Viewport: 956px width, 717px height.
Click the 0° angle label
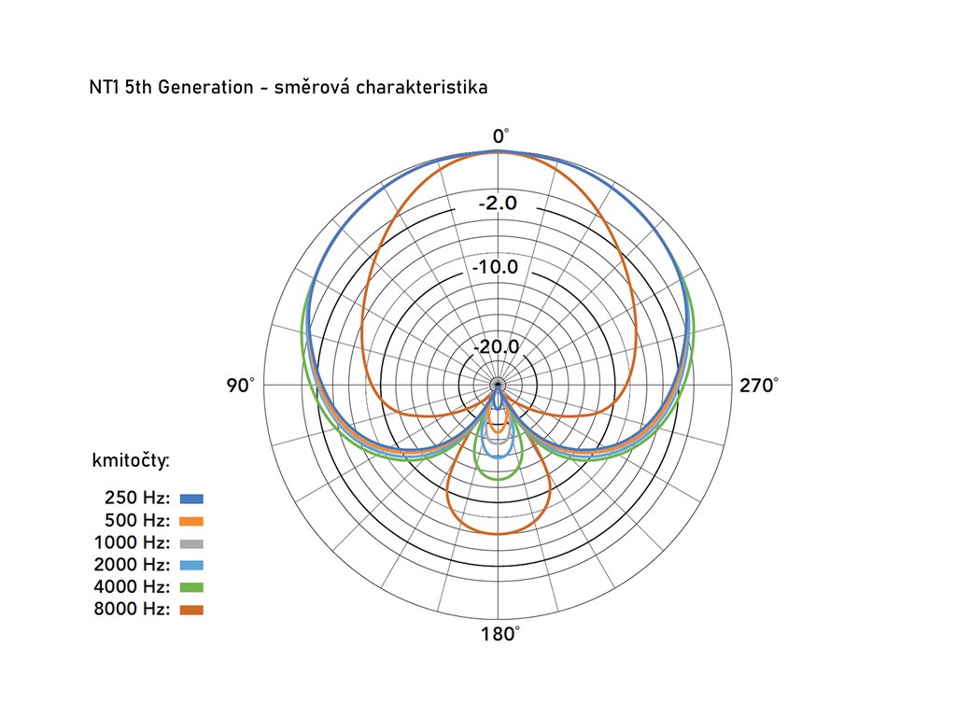[500, 136]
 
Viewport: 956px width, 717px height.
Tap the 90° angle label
[240, 385]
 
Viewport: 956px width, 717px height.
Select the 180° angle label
[499, 635]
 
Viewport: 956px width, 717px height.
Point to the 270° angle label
[758, 385]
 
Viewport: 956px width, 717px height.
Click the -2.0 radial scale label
[498, 204]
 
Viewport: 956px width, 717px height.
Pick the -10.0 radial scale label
[495, 268]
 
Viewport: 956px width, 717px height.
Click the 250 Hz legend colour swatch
[191, 499]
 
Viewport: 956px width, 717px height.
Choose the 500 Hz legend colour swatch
[191, 521]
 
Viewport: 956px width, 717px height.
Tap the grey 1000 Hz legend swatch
[191, 543]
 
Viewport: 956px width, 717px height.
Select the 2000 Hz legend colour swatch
[191, 565]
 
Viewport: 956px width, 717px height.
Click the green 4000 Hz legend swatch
[191, 587]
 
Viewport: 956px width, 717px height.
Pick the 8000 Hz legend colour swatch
[191, 610]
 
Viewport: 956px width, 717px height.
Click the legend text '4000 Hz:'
[132, 587]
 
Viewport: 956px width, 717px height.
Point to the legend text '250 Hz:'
[137, 499]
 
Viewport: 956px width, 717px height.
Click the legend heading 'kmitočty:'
[130, 460]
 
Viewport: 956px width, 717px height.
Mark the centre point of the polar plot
[499, 385]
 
